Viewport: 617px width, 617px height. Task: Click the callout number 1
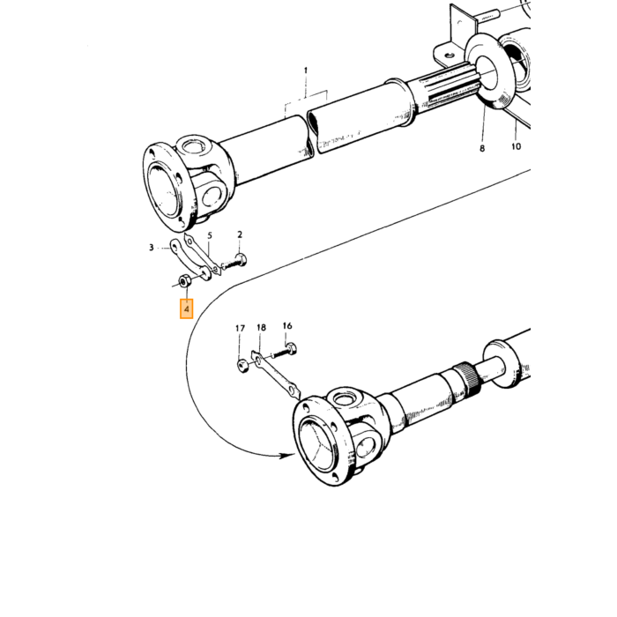[x=306, y=71]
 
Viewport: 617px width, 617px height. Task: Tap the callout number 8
[x=482, y=148]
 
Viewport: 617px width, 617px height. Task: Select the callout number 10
[x=516, y=146]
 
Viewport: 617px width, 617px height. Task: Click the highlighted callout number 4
[x=187, y=308]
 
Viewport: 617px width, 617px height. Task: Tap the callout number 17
[x=240, y=328]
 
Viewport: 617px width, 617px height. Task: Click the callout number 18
[x=261, y=327]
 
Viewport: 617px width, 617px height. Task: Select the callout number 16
[x=287, y=326]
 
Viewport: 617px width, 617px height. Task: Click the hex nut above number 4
[x=184, y=282]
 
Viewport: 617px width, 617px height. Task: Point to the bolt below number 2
[x=234, y=262]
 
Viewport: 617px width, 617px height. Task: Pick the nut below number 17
[x=242, y=366]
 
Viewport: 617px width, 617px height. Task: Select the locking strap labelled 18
[x=275, y=375]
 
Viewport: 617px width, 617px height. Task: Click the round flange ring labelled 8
[x=489, y=71]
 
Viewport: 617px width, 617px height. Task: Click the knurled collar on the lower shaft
[x=466, y=377]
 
